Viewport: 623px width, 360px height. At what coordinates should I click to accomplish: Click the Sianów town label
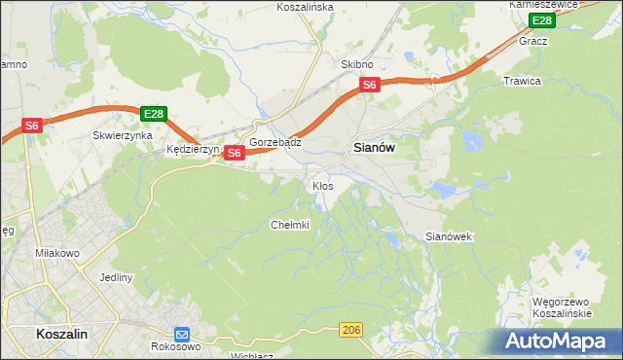pyautogui.click(x=371, y=149)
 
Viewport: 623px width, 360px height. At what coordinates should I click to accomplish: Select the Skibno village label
pyautogui.click(x=357, y=64)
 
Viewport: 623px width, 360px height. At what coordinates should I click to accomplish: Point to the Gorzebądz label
pyautogui.click(x=275, y=142)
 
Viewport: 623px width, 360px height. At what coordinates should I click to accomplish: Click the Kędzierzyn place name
pyautogui.click(x=194, y=150)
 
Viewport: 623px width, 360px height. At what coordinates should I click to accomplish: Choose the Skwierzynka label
pyautogui.click(x=122, y=136)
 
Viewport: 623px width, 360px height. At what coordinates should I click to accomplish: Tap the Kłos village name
pyautogui.click(x=322, y=185)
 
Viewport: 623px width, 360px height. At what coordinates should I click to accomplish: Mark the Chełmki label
pyautogui.click(x=289, y=225)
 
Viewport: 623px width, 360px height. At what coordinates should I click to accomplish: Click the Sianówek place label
pyautogui.click(x=449, y=236)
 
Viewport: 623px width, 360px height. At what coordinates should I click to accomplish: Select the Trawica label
pyautogui.click(x=522, y=81)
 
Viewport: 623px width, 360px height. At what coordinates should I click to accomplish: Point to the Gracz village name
pyautogui.click(x=533, y=42)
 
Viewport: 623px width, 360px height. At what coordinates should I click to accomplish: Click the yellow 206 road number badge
pyautogui.click(x=352, y=332)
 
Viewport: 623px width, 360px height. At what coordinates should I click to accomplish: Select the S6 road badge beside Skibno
pyautogui.click(x=369, y=86)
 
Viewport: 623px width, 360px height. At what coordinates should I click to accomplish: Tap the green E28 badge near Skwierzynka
pyautogui.click(x=153, y=114)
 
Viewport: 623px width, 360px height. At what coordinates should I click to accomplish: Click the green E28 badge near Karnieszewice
pyautogui.click(x=541, y=20)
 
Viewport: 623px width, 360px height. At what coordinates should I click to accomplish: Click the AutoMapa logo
pyautogui.click(x=557, y=342)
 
